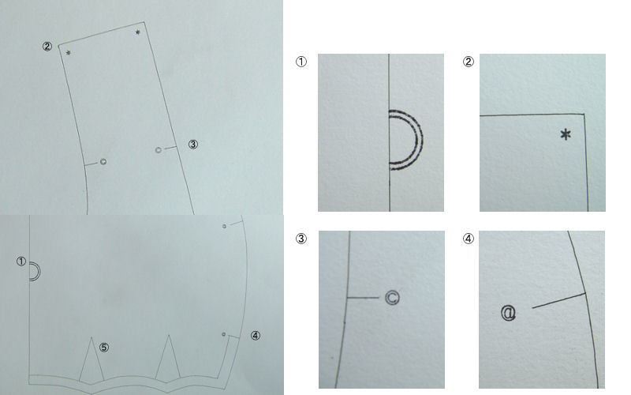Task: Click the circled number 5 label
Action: point(104,348)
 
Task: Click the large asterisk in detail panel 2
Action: point(566,134)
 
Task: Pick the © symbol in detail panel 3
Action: point(392,298)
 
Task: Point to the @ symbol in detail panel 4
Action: point(508,313)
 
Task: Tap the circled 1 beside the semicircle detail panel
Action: point(301,62)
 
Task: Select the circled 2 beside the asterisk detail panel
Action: point(468,62)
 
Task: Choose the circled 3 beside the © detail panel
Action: point(301,239)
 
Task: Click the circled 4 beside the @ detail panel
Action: point(468,239)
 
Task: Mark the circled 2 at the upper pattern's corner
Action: point(47,47)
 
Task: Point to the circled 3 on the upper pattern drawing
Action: point(193,145)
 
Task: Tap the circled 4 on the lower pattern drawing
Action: point(256,335)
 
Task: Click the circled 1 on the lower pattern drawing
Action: point(21,261)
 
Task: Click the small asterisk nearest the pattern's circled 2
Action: point(69,53)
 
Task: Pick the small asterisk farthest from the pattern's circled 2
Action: point(137,32)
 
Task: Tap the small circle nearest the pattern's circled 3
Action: point(159,150)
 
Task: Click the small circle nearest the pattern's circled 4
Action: point(224,334)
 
